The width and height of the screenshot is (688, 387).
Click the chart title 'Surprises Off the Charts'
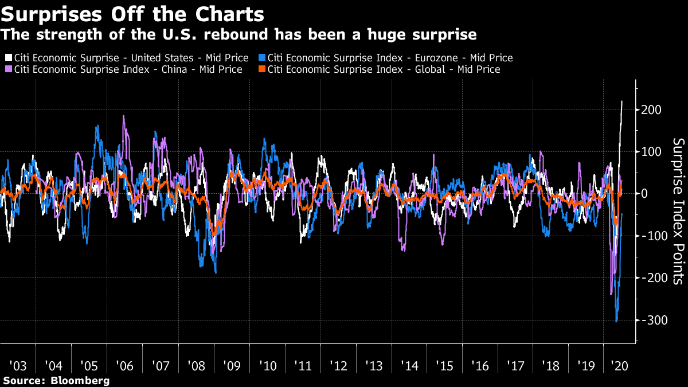click(x=132, y=14)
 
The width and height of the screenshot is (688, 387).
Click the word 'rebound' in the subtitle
click(x=236, y=34)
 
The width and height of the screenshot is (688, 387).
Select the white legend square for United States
click(x=8, y=57)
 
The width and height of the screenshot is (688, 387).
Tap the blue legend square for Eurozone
click(x=261, y=57)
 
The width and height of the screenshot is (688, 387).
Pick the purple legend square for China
click(x=8, y=69)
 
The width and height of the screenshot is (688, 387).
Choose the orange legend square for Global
click(x=261, y=69)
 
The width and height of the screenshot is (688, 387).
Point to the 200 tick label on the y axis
click(x=651, y=110)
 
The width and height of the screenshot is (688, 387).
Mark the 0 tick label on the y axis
click(x=644, y=194)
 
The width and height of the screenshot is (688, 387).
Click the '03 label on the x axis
click(x=18, y=366)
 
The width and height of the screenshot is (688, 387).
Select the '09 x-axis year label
click(x=232, y=366)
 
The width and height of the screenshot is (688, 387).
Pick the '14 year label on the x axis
click(x=409, y=366)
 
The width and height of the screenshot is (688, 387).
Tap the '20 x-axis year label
click(x=620, y=366)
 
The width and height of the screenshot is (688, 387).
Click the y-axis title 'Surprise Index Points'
click(x=679, y=212)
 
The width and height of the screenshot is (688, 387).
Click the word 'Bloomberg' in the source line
click(x=80, y=381)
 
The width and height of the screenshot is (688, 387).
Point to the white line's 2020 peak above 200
click(x=622, y=101)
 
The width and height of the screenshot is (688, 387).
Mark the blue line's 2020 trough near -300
click(x=616, y=322)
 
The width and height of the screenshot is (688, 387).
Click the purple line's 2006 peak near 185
click(x=123, y=116)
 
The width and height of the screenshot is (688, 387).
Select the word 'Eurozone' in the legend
click(x=436, y=58)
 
